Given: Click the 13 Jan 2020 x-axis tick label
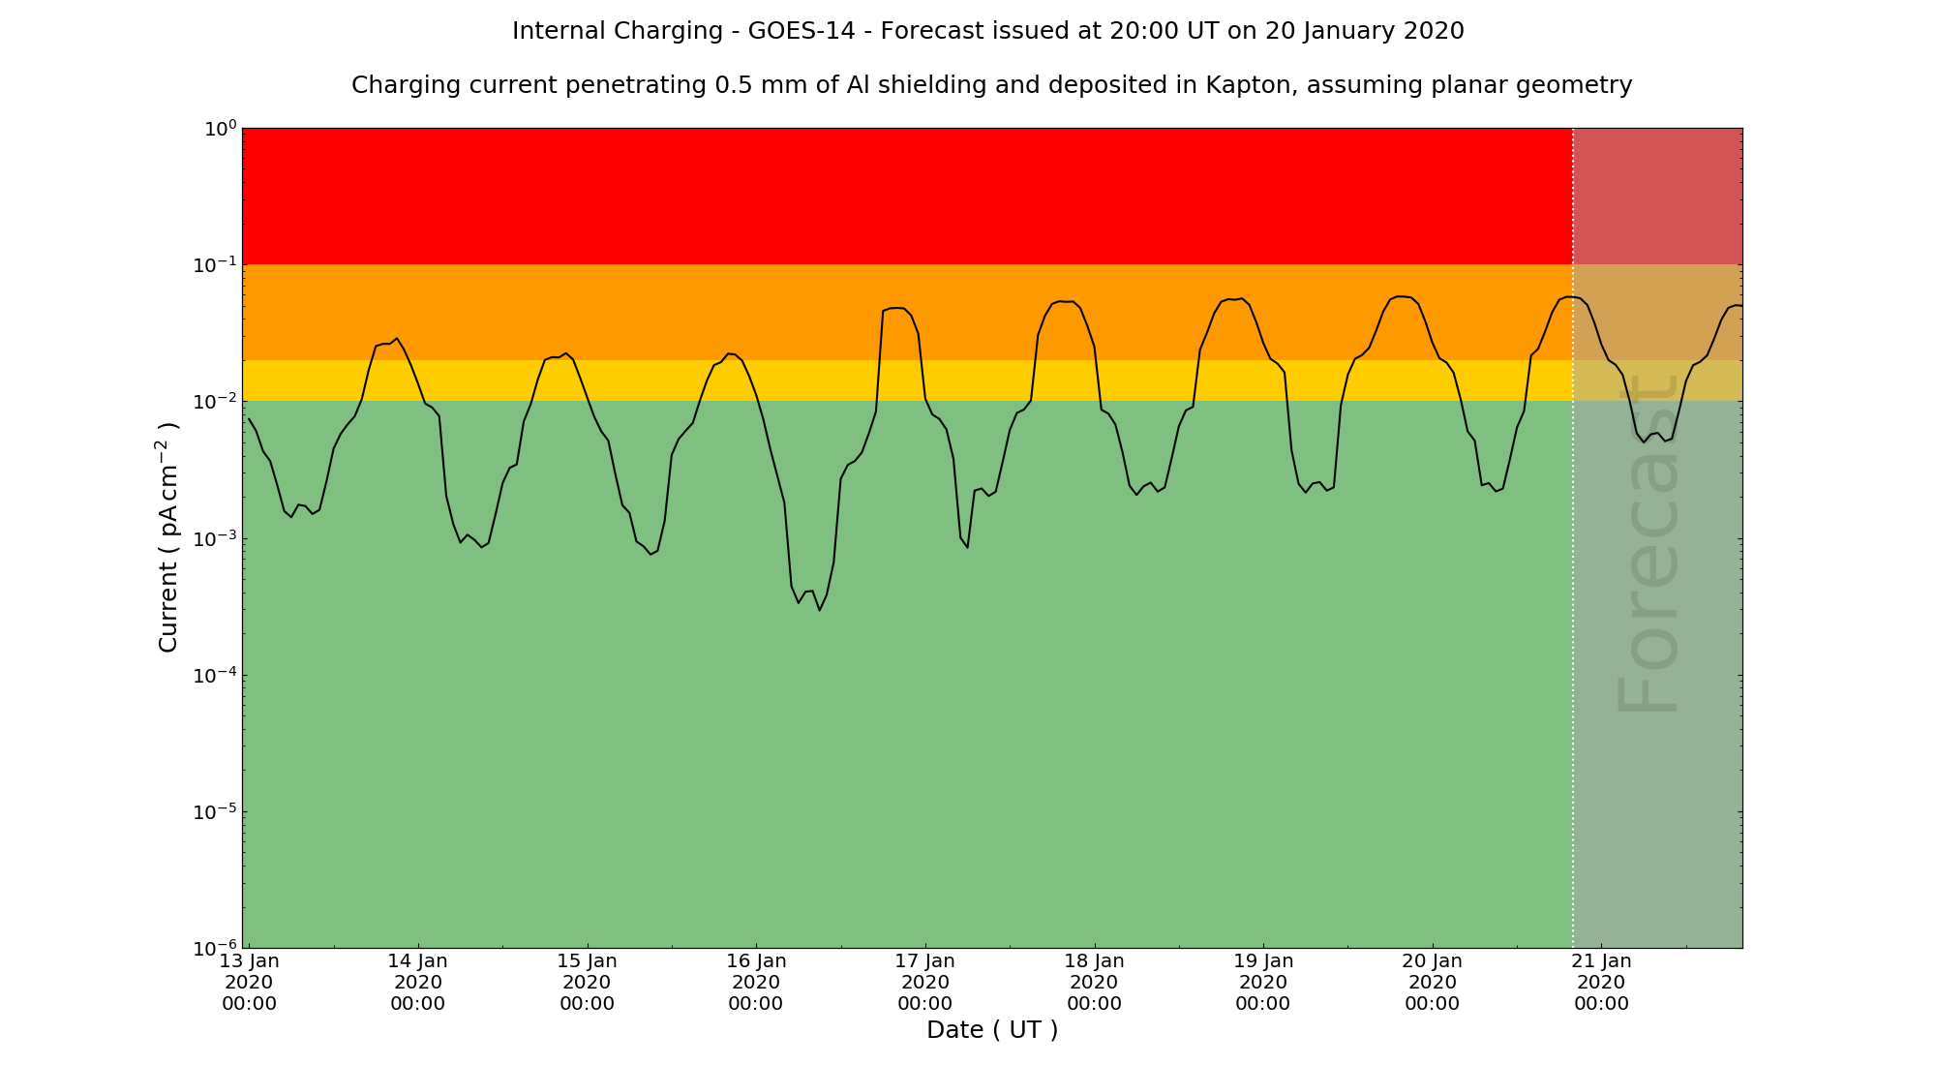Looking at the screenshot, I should [x=249, y=982].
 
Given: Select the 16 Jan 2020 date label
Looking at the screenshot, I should [x=756, y=982].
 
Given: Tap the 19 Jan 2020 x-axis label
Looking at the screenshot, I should [x=1263, y=982].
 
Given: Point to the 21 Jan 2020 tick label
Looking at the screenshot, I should [x=1601, y=982].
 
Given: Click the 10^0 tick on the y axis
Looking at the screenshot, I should [x=218, y=129].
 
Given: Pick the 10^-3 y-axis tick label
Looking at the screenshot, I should [x=214, y=538].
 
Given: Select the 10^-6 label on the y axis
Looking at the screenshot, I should [x=214, y=948].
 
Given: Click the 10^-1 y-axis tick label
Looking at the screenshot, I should [x=214, y=265].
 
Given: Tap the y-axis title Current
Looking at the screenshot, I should [x=168, y=537].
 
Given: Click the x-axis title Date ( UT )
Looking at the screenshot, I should [x=992, y=1030].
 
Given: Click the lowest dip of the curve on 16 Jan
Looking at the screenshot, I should [x=819, y=609].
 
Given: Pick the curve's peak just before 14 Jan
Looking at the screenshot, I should [x=397, y=339].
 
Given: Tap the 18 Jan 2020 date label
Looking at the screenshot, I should [x=1094, y=982].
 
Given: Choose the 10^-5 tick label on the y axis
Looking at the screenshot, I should [x=214, y=811].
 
